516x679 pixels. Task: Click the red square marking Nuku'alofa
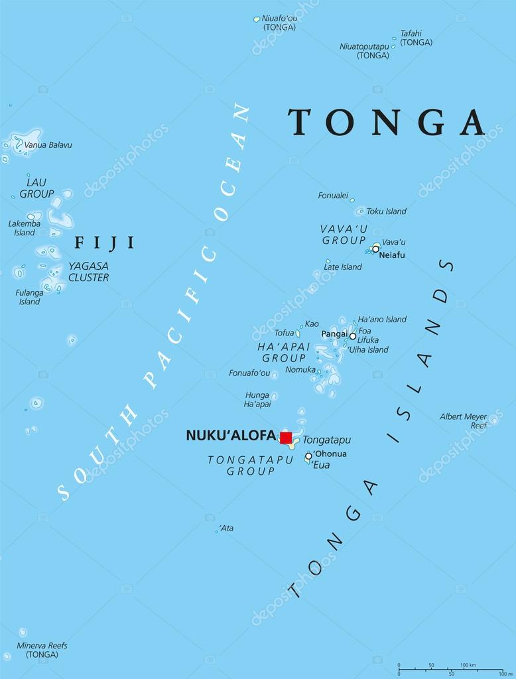coord(286,437)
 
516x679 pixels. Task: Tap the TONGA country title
coord(387,122)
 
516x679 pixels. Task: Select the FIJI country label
coord(104,243)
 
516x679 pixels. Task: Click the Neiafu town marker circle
coord(375,249)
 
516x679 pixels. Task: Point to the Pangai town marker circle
coord(353,336)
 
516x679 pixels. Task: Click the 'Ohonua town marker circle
coord(308,456)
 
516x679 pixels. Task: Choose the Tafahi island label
coord(416,37)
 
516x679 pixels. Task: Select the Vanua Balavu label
coord(48,145)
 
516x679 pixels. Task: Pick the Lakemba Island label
coord(24,228)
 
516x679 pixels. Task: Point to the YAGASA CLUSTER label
coord(88,271)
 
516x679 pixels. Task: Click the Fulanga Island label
coord(29,297)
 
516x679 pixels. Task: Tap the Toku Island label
coord(386,212)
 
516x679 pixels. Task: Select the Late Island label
coord(343,267)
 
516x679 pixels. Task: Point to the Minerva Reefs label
coord(42,650)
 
